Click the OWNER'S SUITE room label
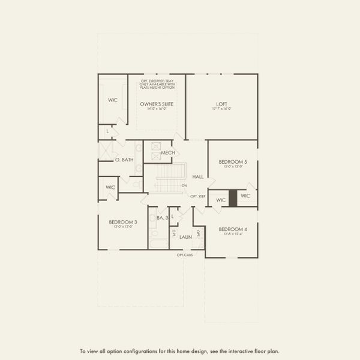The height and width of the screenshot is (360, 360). coord(157,104)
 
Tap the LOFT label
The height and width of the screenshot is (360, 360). coord(221,104)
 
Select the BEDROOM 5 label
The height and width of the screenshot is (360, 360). coord(233,162)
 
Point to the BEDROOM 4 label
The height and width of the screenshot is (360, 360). coord(232,229)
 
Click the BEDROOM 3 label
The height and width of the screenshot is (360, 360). coord(123,222)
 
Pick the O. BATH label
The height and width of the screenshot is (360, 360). coord(124,160)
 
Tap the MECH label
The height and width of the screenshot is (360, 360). coord(167,154)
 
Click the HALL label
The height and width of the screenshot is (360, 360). coord(197,177)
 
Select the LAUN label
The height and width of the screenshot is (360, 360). coord(185,237)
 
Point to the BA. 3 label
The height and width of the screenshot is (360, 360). coord(162,218)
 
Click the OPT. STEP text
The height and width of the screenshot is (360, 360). coord(197,196)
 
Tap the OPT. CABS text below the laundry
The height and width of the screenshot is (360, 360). coord(184,255)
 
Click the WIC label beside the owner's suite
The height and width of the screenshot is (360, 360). coord(112,100)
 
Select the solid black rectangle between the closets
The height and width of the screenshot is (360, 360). coord(233,198)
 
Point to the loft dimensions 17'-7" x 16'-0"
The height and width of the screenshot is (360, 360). coord(221,109)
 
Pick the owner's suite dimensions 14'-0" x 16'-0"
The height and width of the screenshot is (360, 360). coord(157,109)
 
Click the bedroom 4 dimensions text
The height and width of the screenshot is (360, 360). coord(232,234)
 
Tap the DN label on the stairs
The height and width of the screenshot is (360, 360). coord(184,185)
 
